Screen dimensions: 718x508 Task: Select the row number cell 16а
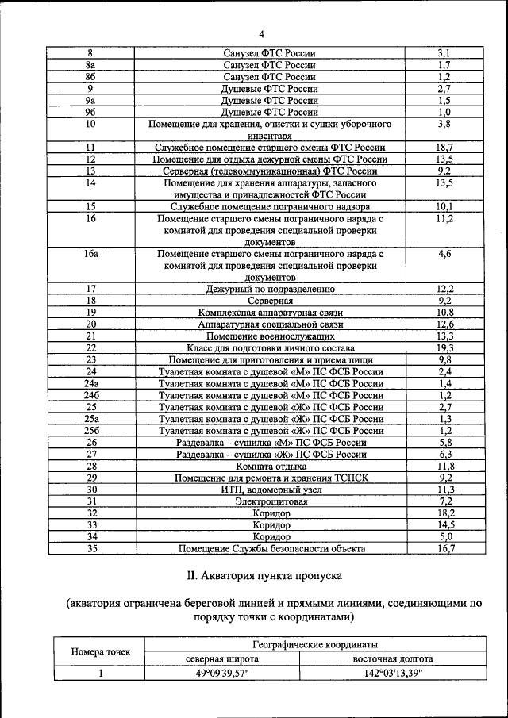click(90, 255)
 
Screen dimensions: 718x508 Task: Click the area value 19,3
click(444, 347)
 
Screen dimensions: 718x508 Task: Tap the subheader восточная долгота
click(393, 658)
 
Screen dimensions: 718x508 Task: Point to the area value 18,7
click(444, 148)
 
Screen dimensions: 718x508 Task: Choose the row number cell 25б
click(90, 431)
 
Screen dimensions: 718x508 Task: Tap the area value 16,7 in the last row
click(444, 548)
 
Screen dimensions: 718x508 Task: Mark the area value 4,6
click(444, 255)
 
